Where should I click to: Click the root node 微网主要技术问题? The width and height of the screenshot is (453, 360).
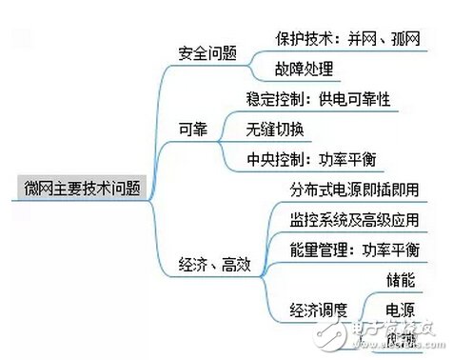click(x=81, y=189)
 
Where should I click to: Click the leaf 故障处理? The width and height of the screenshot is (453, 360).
click(x=305, y=69)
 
